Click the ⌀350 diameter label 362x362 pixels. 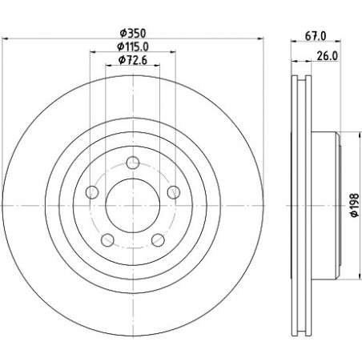133,34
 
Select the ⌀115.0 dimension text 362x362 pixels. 133,47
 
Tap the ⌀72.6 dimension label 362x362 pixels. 133,60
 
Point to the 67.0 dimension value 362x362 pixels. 316,36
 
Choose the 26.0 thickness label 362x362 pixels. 328,56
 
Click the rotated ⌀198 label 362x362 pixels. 354,205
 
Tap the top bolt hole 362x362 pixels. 133,163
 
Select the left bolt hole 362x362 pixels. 92,192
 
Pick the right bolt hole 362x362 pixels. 174,192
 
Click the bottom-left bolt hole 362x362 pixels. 108,240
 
